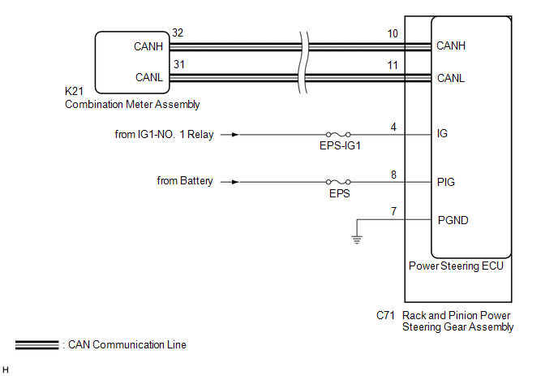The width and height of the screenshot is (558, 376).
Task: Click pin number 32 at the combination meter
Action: coord(178,33)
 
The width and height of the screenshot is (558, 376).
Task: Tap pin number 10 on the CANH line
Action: coord(393,33)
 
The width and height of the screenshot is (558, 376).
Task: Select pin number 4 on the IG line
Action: coord(393,127)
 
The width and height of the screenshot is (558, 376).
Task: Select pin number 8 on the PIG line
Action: coord(393,174)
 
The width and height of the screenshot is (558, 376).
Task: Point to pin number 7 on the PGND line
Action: coord(393,211)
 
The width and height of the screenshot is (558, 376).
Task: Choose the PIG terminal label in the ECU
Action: coord(445,182)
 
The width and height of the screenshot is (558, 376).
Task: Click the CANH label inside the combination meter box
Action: coord(148,47)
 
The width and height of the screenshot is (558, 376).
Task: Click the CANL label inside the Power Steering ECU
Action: coord(450,79)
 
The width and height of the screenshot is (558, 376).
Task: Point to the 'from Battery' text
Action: coord(185,181)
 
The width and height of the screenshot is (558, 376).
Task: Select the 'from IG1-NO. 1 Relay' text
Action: coord(165,135)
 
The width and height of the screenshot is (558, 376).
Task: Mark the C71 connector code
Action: coord(386,315)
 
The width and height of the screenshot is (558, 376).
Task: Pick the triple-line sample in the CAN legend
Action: coord(36,345)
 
